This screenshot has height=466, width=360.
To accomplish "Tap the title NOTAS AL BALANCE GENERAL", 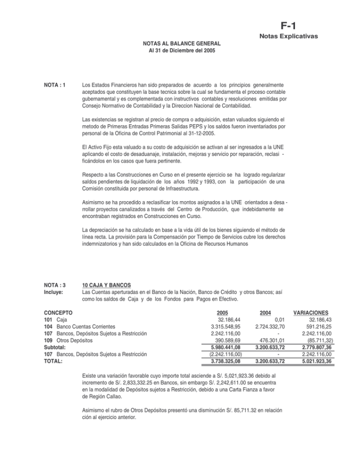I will point(182,43).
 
